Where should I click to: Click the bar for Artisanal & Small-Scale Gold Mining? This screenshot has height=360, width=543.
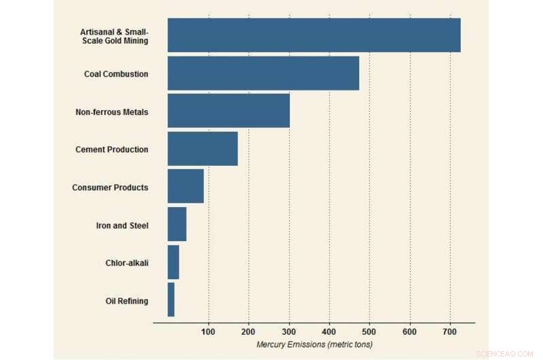(x=314, y=35)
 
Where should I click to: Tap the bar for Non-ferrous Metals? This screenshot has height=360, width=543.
(x=229, y=111)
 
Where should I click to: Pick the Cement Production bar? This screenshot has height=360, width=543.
(x=203, y=149)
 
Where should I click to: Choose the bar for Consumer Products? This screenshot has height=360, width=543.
(x=185, y=187)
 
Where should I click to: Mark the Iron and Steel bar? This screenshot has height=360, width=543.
(x=177, y=225)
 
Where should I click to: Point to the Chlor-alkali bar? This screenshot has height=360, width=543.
(x=173, y=262)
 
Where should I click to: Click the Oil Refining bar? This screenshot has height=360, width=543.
(x=171, y=300)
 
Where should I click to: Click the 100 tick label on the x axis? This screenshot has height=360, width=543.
(x=208, y=331)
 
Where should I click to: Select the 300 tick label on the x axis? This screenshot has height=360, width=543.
(x=289, y=331)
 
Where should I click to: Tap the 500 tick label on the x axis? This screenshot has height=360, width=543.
(x=369, y=331)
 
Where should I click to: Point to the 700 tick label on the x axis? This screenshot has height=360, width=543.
(x=450, y=331)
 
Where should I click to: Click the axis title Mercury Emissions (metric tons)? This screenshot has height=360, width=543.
(x=314, y=345)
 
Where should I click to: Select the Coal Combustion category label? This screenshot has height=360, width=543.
(x=116, y=74)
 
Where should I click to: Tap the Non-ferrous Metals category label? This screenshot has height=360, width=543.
(x=111, y=111)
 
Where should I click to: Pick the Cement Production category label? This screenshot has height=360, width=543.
(x=111, y=149)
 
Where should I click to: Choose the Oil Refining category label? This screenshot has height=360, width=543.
(x=127, y=301)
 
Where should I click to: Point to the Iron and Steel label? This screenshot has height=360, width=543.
(x=122, y=226)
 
